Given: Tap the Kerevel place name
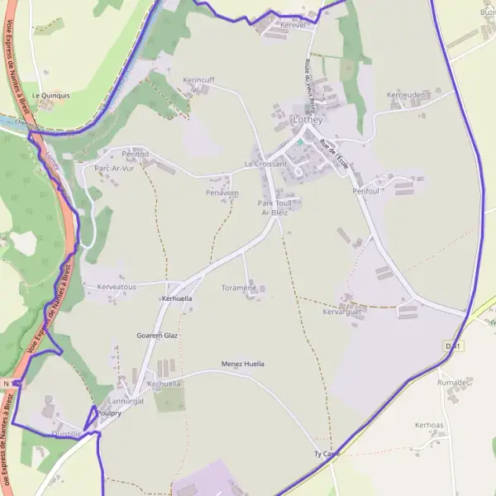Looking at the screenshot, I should (x=293, y=26).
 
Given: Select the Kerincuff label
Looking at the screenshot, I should (x=198, y=79).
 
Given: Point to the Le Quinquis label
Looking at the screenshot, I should (x=50, y=95).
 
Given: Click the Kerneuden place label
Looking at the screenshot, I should (x=406, y=95).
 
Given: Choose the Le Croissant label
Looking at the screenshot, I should (x=266, y=164).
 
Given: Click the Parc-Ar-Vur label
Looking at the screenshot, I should (x=114, y=168).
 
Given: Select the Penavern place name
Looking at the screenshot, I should (x=222, y=193).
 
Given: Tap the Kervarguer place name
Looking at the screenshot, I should (x=342, y=312).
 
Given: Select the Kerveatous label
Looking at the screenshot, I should (x=117, y=286).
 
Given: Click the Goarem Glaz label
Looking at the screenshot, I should (x=157, y=336).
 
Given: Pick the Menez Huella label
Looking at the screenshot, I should (x=243, y=364).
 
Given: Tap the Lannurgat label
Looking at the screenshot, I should (x=126, y=400).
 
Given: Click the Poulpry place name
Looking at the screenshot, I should (x=109, y=413).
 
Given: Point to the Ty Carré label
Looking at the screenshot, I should (x=327, y=455).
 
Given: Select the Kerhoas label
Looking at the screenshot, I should (x=429, y=425).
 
